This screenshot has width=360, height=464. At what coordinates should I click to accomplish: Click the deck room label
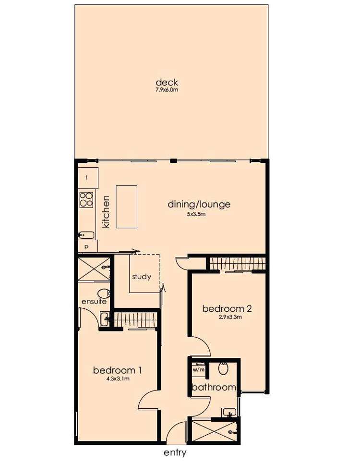(167, 83)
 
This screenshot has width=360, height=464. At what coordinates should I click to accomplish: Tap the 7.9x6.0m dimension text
(167, 90)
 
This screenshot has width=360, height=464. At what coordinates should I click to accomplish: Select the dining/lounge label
(199, 204)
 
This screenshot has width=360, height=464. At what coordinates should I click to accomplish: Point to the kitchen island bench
(127, 207)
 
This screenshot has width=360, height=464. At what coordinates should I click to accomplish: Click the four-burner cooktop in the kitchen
(86, 199)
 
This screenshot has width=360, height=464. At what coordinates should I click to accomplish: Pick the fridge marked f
(87, 178)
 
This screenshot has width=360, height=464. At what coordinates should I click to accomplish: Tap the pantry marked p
(87, 246)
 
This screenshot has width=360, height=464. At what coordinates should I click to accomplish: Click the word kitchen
(106, 211)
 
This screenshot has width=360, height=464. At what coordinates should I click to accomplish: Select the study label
(142, 277)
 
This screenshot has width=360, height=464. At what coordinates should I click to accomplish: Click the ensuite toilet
(103, 293)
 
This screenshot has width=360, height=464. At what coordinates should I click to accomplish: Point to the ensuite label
(94, 302)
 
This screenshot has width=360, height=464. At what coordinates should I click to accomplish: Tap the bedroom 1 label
(117, 370)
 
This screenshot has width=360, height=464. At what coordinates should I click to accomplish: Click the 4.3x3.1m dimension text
(118, 379)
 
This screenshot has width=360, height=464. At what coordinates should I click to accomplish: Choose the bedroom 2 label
(227, 308)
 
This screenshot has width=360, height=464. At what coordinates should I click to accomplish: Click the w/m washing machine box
(199, 370)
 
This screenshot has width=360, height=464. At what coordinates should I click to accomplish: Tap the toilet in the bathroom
(223, 369)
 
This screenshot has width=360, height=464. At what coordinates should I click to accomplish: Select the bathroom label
(214, 387)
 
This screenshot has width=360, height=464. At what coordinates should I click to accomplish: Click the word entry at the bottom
(175, 452)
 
